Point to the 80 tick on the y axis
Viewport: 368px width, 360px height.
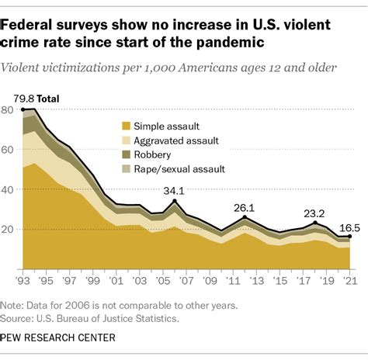(x=8, y=110)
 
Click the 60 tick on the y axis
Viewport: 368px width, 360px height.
(x=8, y=150)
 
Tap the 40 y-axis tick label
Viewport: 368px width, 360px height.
(x=8, y=189)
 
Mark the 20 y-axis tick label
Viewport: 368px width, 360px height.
(x=8, y=229)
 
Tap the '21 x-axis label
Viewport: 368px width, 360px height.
(x=350, y=280)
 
